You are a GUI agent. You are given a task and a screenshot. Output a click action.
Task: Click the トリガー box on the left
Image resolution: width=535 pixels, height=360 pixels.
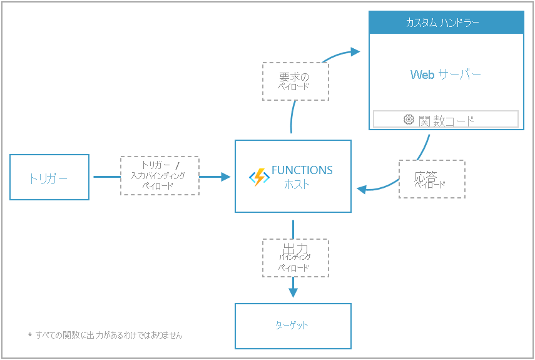pyautogui.click(x=49, y=178)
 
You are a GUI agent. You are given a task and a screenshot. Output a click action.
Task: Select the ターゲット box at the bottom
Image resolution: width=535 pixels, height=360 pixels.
pyautogui.click(x=292, y=326)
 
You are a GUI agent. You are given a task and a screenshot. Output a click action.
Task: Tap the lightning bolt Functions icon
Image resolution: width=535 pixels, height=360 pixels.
pyautogui.click(x=258, y=177)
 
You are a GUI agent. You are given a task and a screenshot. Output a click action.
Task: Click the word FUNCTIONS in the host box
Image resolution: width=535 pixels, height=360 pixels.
pyautogui.click(x=302, y=170)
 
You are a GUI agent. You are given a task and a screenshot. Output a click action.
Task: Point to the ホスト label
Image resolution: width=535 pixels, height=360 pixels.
pyautogui.click(x=297, y=185)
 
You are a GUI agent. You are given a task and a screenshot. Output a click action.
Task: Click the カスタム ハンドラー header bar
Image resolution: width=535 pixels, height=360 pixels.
pyautogui.click(x=446, y=23)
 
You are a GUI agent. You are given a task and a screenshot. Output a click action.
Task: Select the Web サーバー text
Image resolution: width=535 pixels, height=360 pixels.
pyautogui.click(x=446, y=75)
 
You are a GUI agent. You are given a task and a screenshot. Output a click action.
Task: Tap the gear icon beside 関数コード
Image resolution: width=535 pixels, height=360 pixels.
pyautogui.click(x=409, y=120)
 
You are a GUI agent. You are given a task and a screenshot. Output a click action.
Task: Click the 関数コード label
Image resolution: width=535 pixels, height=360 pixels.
pyautogui.click(x=446, y=120)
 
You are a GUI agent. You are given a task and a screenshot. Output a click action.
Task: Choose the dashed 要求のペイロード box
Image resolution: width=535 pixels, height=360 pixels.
pyautogui.click(x=295, y=81)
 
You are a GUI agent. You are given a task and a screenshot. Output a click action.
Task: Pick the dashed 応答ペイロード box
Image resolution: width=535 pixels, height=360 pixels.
pyautogui.click(x=432, y=179)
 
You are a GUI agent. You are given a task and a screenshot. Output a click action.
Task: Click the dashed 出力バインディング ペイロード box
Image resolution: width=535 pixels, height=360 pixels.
pyautogui.click(x=295, y=257)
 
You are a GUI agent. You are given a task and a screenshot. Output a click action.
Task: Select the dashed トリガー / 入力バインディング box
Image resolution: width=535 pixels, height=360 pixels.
pyautogui.click(x=160, y=176)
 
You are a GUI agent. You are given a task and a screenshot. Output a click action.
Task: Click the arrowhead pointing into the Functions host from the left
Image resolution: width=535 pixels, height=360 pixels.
pyautogui.click(x=227, y=177)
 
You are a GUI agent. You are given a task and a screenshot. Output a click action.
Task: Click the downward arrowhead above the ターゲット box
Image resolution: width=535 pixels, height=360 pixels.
pyautogui.click(x=293, y=293)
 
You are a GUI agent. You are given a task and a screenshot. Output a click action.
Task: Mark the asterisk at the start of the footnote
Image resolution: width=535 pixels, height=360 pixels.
pyautogui.click(x=29, y=336)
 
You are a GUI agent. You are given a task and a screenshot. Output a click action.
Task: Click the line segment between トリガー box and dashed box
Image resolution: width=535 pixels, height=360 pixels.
pyautogui.click(x=106, y=177)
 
